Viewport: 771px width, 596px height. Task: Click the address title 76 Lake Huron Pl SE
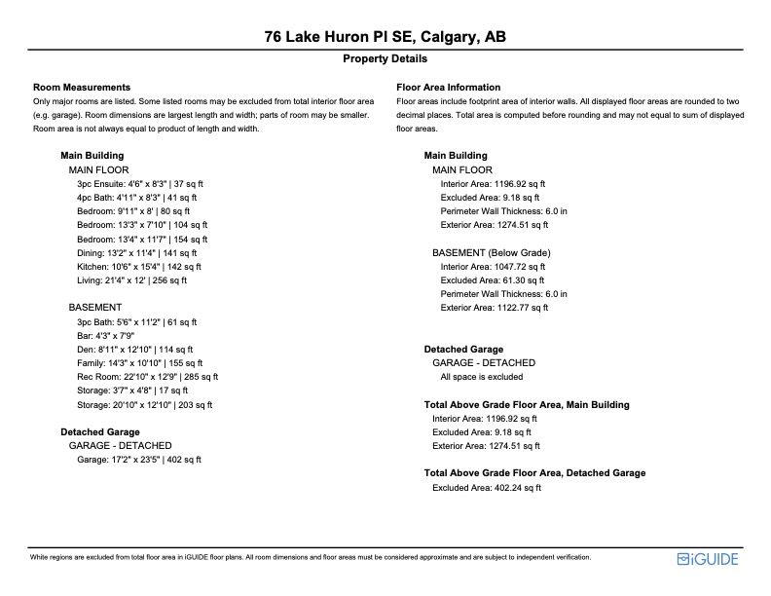coord(385,38)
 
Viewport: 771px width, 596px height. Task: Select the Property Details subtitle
coord(385,59)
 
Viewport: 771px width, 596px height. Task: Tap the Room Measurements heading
coord(82,88)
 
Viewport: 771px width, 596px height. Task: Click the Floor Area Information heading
coord(449,88)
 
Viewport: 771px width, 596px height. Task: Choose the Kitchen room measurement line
coord(139,266)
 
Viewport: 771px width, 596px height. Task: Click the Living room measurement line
coord(132,280)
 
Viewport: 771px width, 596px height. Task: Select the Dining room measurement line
coord(138,252)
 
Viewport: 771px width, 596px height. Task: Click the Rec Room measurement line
coord(148,376)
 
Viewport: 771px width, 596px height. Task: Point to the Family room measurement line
coord(142,362)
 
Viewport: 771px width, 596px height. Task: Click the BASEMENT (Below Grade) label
coord(492,253)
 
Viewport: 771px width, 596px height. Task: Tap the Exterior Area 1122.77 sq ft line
coord(495,308)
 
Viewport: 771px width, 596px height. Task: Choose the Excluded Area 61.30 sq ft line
coord(492,280)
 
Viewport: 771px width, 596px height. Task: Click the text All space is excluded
coord(482,376)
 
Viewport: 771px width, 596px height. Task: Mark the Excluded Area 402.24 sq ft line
coord(487,487)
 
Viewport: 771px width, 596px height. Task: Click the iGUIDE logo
coord(709,559)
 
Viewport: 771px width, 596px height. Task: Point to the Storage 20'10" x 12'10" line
coord(144,404)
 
